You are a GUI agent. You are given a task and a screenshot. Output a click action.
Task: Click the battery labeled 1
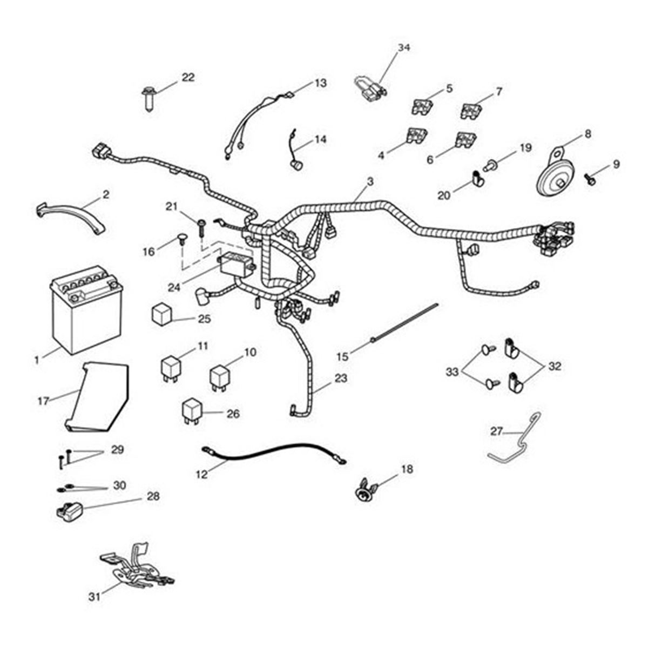point(87,309)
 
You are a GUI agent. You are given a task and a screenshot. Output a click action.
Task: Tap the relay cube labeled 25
point(162,315)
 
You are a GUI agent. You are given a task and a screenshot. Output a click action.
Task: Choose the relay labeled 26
point(193,411)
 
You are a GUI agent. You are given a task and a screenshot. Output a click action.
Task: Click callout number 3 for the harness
point(370,181)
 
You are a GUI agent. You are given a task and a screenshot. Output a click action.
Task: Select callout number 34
point(404,48)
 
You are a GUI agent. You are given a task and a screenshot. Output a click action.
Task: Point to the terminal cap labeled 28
point(69,512)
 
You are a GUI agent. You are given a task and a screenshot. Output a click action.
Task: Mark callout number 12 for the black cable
point(202,474)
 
